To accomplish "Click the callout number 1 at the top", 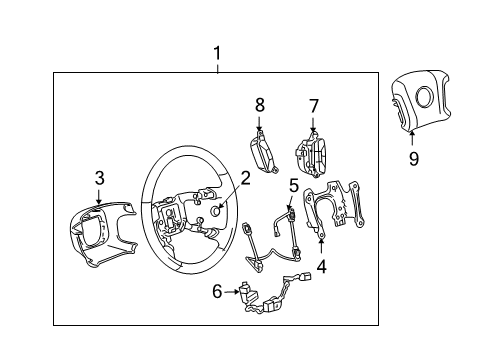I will coord(218,52).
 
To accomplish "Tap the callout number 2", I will coord(245,179).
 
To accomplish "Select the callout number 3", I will coord(98,179).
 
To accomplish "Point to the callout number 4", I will coord(321,266).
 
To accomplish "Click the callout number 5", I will coord(294,185).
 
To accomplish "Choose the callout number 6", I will coord(217,292).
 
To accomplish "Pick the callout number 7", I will coord(313,105).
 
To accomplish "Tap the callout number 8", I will coord(259,104).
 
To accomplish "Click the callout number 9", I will coord(414,158).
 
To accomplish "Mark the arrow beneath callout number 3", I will coord(98,197).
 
